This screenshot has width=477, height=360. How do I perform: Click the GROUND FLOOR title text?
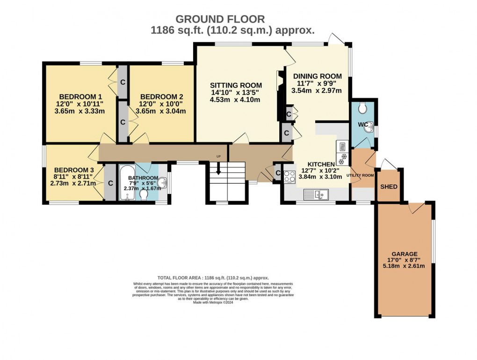[x=220, y=19]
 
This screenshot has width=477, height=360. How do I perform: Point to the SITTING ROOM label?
[x=236, y=86]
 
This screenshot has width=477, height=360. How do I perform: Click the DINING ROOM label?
[x=317, y=76]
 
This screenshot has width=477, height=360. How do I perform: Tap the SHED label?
[x=389, y=187]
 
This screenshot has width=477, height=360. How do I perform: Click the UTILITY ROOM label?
[x=360, y=175]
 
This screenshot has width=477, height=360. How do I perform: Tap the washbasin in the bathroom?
[x=162, y=183]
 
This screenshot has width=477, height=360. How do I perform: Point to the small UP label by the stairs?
[x=218, y=156]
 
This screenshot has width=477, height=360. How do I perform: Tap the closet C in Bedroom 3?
[x=110, y=183]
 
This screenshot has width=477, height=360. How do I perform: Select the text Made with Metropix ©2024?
[x=213, y=302]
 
